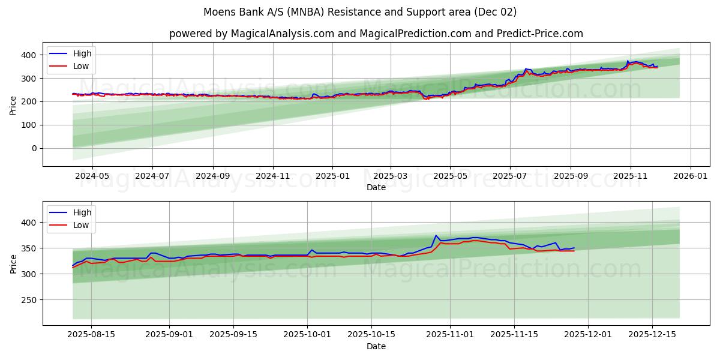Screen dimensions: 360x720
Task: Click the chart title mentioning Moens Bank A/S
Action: coord(360,12)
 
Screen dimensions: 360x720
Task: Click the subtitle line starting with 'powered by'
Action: coord(376,34)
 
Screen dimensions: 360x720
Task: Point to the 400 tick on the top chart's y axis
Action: coord(31,55)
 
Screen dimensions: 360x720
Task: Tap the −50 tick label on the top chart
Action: coord(30,172)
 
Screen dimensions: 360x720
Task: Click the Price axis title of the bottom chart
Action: coord(13,263)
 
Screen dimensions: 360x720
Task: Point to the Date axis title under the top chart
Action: coord(376,187)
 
